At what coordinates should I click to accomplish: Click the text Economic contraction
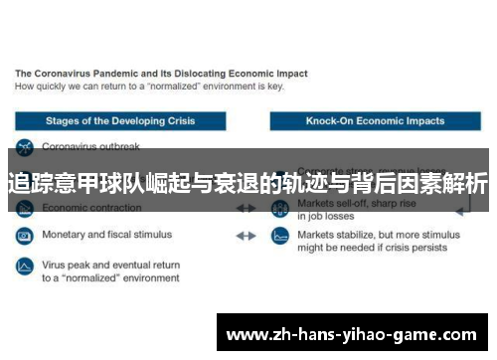(x=91, y=209)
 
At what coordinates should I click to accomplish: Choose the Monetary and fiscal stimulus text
(x=106, y=236)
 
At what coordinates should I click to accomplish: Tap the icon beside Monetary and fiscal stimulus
(x=24, y=237)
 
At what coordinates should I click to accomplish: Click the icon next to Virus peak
(x=24, y=267)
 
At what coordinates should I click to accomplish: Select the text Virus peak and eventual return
(x=110, y=266)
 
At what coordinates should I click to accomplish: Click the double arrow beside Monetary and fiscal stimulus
(x=245, y=237)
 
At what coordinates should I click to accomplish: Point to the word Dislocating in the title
(x=203, y=74)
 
